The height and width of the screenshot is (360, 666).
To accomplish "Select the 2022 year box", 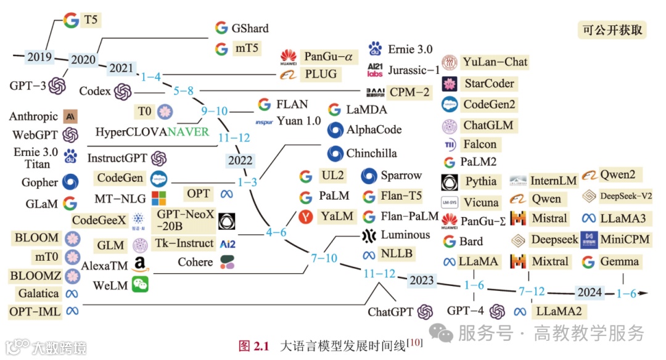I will click(x=240, y=160).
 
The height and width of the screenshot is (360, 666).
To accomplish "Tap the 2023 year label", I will click(x=421, y=280).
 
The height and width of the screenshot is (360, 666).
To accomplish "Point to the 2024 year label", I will click(x=589, y=293).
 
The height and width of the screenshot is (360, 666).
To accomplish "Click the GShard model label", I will click(x=250, y=28).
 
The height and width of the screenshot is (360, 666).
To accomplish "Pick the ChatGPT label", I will click(x=390, y=312).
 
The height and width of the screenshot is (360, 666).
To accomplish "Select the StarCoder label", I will click(x=488, y=83).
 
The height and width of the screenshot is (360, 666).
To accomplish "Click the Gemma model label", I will click(x=619, y=261).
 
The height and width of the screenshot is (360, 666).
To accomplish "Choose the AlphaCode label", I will click(x=374, y=130).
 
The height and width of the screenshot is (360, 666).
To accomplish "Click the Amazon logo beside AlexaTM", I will click(x=139, y=266).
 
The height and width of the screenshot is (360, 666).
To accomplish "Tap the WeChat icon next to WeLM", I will click(x=139, y=285).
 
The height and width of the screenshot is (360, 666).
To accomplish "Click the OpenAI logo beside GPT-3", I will click(x=57, y=86).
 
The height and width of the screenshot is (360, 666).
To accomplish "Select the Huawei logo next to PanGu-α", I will click(x=289, y=57).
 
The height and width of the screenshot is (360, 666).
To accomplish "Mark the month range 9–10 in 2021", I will click(x=213, y=111).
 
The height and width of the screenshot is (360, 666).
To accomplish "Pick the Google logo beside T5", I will click(x=71, y=20).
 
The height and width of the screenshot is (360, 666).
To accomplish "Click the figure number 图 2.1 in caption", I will click(x=254, y=345).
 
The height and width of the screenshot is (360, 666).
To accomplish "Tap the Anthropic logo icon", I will click(x=70, y=116).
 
